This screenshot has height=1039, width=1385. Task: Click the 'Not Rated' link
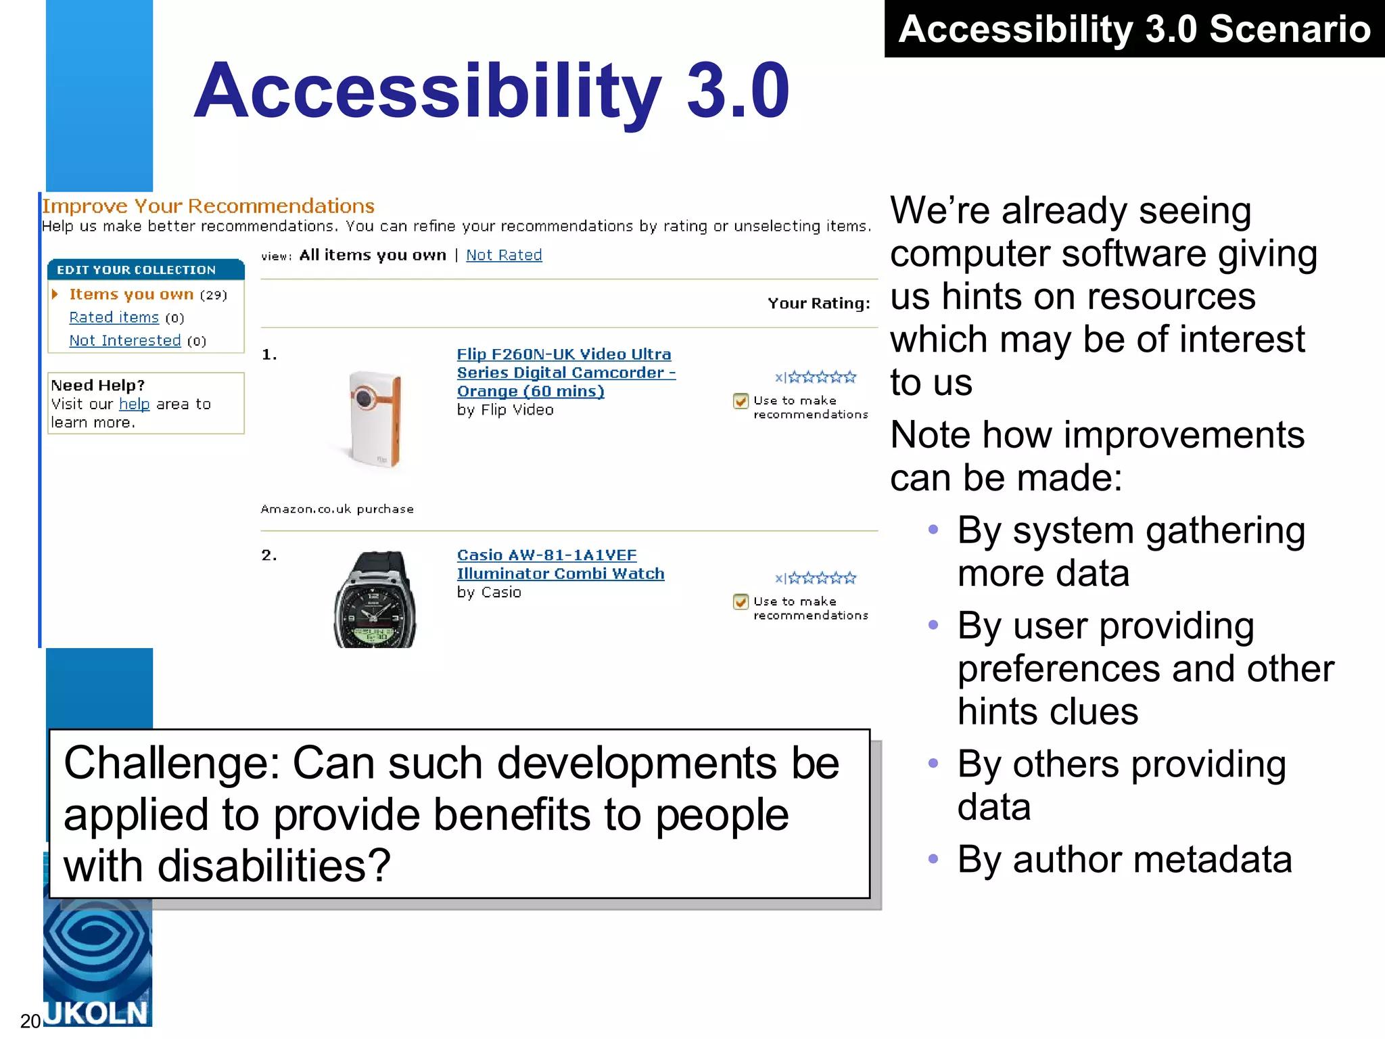tap(504, 255)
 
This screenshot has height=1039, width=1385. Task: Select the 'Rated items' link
tap(114, 317)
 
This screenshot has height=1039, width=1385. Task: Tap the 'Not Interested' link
tap(125, 340)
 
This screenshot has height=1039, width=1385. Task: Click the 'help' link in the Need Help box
tap(134, 404)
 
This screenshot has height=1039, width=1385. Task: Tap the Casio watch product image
tap(375, 599)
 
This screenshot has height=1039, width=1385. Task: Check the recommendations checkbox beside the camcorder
tap(741, 401)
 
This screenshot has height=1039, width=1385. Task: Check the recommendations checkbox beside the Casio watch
tap(741, 602)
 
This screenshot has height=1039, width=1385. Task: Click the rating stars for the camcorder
tap(822, 377)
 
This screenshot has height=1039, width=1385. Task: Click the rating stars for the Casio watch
tap(822, 578)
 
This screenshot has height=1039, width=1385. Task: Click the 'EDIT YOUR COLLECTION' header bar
tap(145, 269)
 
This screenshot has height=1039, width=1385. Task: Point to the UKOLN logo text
tap(96, 1013)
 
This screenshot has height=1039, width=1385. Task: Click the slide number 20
tap(30, 1021)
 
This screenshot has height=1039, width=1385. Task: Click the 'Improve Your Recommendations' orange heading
tap(208, 206)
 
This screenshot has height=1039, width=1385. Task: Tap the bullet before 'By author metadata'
tap(933, 859)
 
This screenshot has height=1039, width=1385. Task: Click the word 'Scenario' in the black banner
tap(1289, 29)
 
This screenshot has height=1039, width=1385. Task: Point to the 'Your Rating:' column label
tap(818, 303)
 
